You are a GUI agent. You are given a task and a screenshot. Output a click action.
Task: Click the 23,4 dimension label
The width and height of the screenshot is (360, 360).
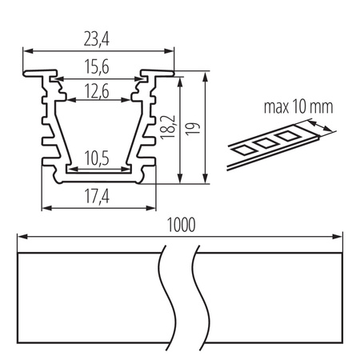coord(98,37)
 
